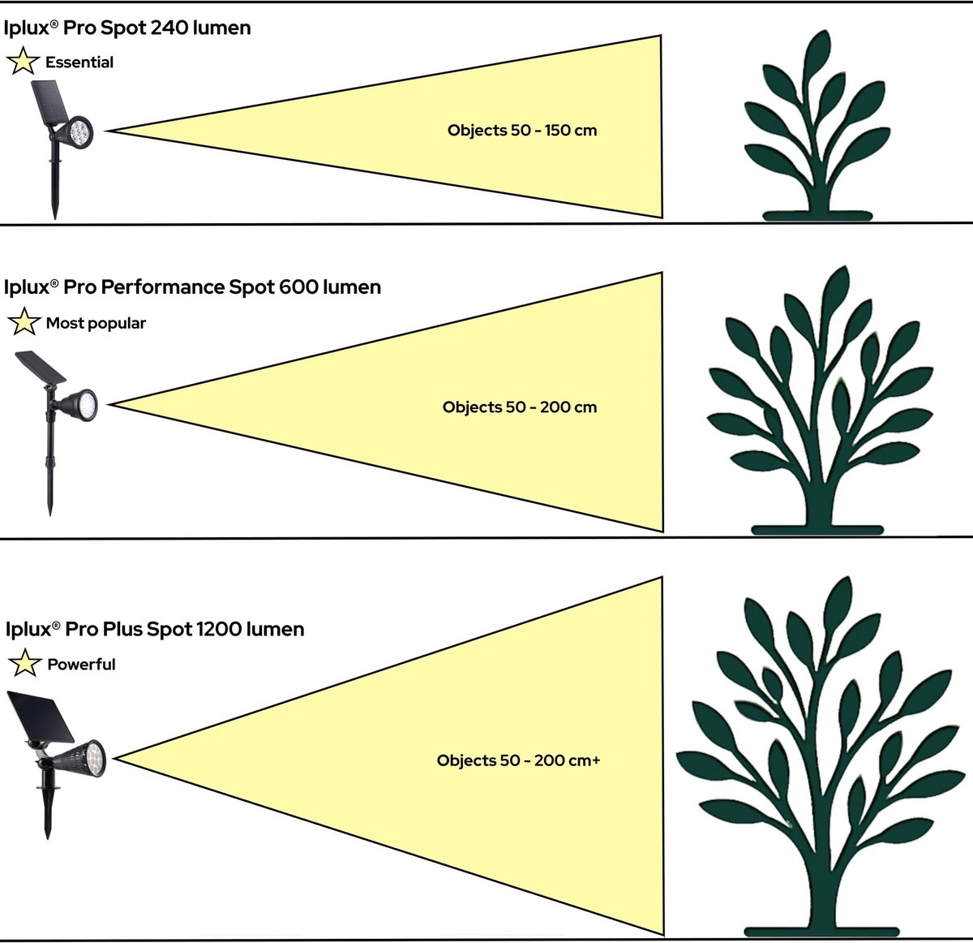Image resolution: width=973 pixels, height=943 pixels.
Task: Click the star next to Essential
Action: (23, 62)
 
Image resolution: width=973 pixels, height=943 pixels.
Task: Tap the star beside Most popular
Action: (24, 322)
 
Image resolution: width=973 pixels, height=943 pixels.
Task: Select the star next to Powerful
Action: (24, 664)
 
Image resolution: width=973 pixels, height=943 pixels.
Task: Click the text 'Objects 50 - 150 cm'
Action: (522, 130)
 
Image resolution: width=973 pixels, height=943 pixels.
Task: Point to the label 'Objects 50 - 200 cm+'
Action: (518, 760)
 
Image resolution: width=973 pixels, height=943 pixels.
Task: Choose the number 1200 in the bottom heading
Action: (217, 629)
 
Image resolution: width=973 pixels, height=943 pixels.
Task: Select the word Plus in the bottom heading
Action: (126, 629)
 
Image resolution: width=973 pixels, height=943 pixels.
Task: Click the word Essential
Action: (79, 62)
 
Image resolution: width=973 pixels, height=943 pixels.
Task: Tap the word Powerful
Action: (81, 665)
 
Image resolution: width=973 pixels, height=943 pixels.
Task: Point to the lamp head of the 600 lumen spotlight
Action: (81, 402)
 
